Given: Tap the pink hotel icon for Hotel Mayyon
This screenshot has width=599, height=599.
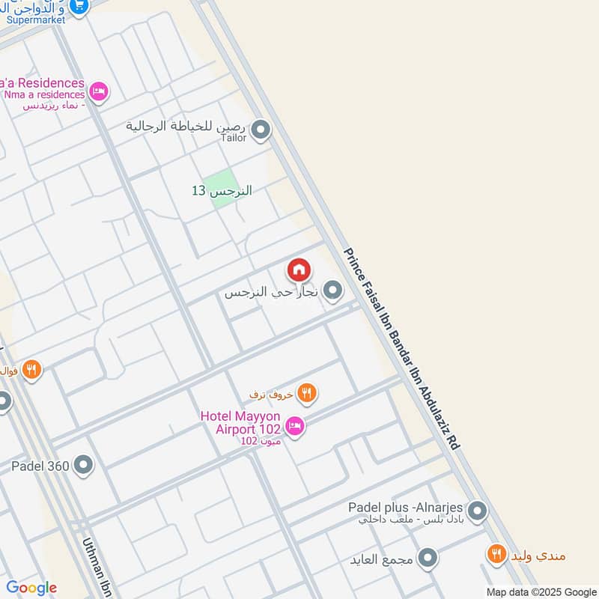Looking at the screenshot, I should coord(295,426).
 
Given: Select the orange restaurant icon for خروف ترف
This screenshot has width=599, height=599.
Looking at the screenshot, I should coord(306,392).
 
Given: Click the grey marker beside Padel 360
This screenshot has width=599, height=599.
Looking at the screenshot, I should coord(83,466).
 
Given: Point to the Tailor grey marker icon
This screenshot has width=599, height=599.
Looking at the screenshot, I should coord(261,130).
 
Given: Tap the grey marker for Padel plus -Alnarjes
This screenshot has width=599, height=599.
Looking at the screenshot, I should coord(478,512).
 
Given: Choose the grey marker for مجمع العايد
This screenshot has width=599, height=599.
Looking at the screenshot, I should coord(428,558).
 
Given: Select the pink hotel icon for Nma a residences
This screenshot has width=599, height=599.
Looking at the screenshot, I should coord(98,92).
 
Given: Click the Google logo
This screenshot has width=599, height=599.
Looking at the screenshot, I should coord(31,588).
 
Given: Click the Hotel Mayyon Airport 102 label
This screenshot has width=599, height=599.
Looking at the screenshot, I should coord(240,422).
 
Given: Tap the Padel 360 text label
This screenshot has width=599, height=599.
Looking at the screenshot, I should coord(40,466).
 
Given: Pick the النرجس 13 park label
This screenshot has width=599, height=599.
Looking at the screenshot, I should coord(222,191).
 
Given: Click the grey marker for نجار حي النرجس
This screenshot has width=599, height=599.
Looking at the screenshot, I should coord(333,290).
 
